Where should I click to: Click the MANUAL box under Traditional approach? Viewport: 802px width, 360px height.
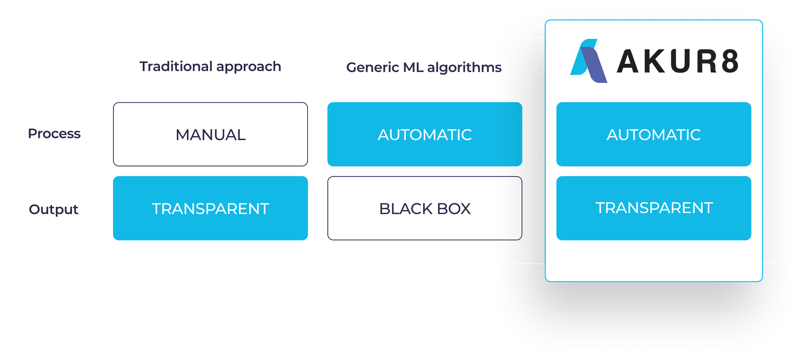[x=210, y=135]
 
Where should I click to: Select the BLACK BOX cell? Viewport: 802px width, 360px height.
[x=425, y=209]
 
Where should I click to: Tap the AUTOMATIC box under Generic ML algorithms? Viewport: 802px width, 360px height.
[x=425, y=135]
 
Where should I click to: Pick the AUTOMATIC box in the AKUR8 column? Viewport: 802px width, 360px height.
[x=654, y=135]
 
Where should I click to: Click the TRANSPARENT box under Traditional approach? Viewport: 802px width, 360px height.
[x=210, y=209]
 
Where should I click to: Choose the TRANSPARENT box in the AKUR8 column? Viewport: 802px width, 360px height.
[x=654, y=208]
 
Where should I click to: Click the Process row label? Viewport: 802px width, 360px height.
[x=54, y=134]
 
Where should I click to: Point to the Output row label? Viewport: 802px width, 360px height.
[x=53, y=209]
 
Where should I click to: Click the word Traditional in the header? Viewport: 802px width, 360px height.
[x=176, y=66]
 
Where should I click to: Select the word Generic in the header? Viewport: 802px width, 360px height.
[x=373, y=68]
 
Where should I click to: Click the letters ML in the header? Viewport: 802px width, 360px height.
[x=413, y=68]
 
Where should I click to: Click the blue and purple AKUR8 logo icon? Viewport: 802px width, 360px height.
[x=588, y=61]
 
